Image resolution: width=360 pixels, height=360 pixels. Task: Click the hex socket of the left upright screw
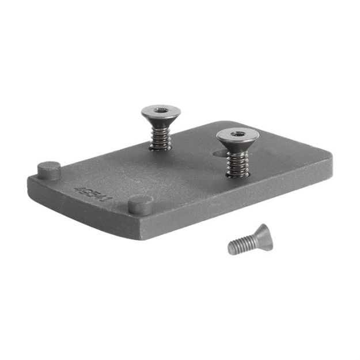[160, 109]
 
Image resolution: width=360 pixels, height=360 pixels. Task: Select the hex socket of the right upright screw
[237, 134]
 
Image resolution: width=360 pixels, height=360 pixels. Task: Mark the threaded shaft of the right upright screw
[237, 161]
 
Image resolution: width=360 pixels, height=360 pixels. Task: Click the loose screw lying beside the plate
[249, 241]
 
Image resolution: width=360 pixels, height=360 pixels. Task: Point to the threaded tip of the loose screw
[233, 248]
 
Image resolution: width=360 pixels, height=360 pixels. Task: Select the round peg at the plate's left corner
[49, 170]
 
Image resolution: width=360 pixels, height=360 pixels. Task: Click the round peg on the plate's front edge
[141, 204]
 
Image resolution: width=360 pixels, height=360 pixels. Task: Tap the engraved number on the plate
[92, 192]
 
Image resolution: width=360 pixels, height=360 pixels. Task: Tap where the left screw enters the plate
[160, 147]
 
